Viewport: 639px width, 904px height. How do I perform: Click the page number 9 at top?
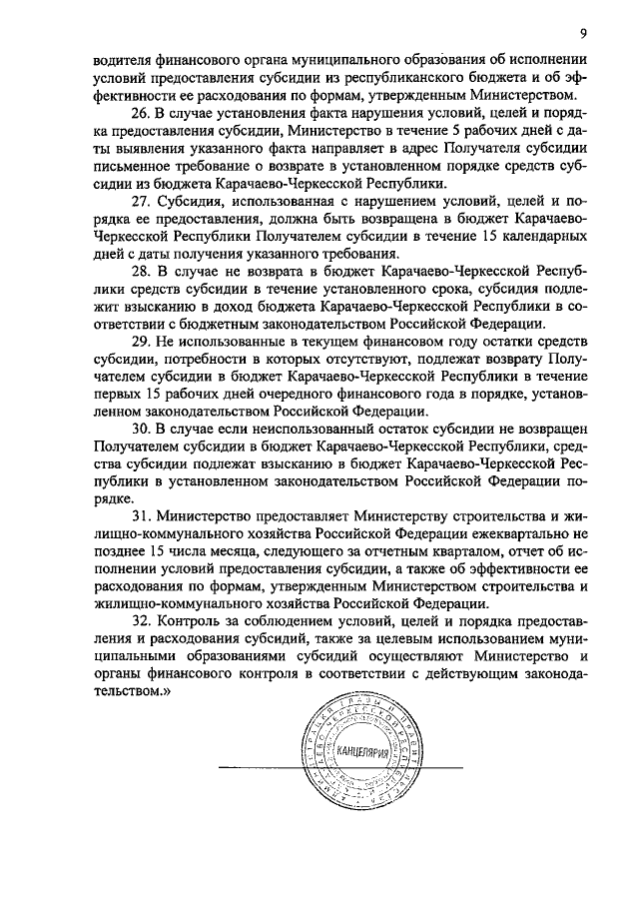pyautogui.click(x=582, y=34)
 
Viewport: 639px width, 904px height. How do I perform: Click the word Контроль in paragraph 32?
pyautogui.click(x=189, y=620)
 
